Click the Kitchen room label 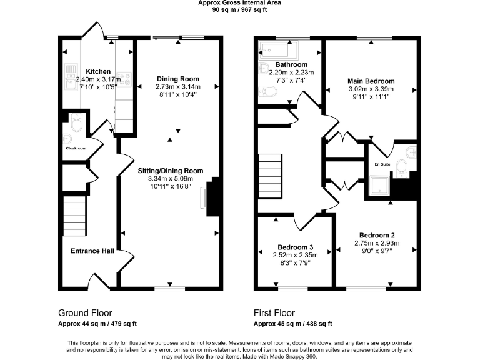(99, 71)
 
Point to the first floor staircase (271, 177)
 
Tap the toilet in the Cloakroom (77, 124)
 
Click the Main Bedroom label (371, 81)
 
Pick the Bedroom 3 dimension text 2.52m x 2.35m (296, 255)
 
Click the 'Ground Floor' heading (86, 313)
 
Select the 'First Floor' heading (274, 313)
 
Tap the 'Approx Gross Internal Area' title (239, 3)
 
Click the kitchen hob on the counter (127, 79)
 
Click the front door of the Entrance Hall (100, 282)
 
